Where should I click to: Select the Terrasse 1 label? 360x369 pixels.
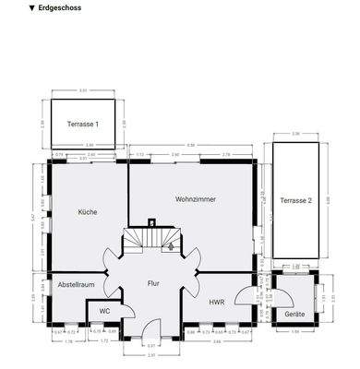point(83,123)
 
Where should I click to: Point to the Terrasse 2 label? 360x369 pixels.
point(296,199)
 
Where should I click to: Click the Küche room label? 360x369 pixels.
point(88,212)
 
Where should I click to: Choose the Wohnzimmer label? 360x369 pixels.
point(194,199)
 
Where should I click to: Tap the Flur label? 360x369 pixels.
point(154,284)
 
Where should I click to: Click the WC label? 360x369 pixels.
point(104,311)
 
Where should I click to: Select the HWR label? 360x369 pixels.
point(217,302)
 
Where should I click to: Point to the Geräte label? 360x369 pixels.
point(294,315)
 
